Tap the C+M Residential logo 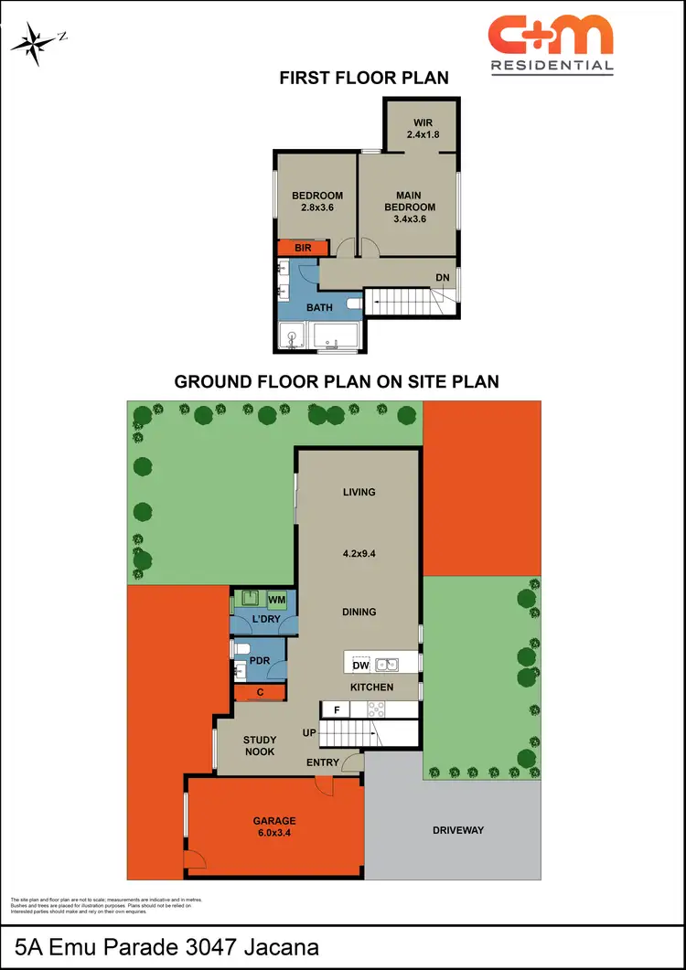click(550, 43)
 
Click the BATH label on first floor click(319, 308)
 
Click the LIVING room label click(359, 492)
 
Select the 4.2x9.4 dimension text click(359, 553)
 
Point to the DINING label click(359, 612)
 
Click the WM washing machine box click(277, 600)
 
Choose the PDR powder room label click(260, 659)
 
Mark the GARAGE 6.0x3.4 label click(274, 826)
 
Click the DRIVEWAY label click(457, 830)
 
